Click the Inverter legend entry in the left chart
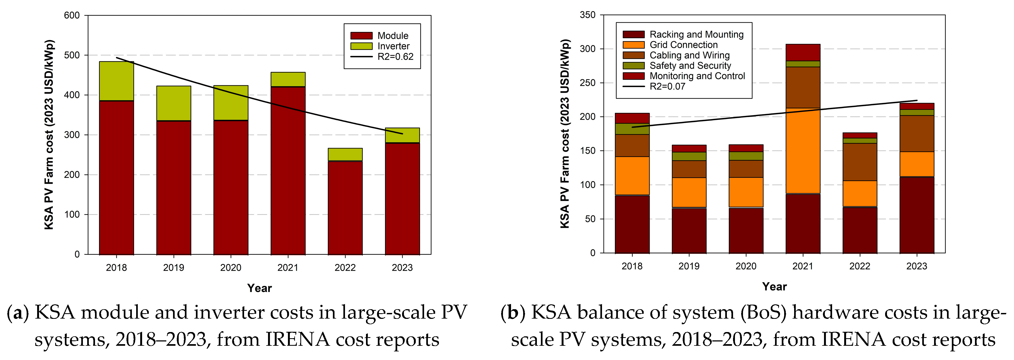(x=393, y=46)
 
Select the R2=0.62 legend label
(x=395, y=57)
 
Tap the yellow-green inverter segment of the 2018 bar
(x=117, y=81)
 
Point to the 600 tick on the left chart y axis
(x=72, y=15)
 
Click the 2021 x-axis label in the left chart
(x=288, y=268)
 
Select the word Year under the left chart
(x=259, y=288)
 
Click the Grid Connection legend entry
(x=683, y=45)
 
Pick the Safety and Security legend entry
(x=690, y=66)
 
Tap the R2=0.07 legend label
(x=667, y=87)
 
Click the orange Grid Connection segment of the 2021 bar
(x=803, y=151)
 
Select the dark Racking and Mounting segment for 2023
(x=917, y=215)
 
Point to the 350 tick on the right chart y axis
(x=588, y=15)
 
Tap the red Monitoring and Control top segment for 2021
(x=803, y=52)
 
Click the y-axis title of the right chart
(x=565, y=134)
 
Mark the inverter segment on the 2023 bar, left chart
(x=402, y=135)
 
